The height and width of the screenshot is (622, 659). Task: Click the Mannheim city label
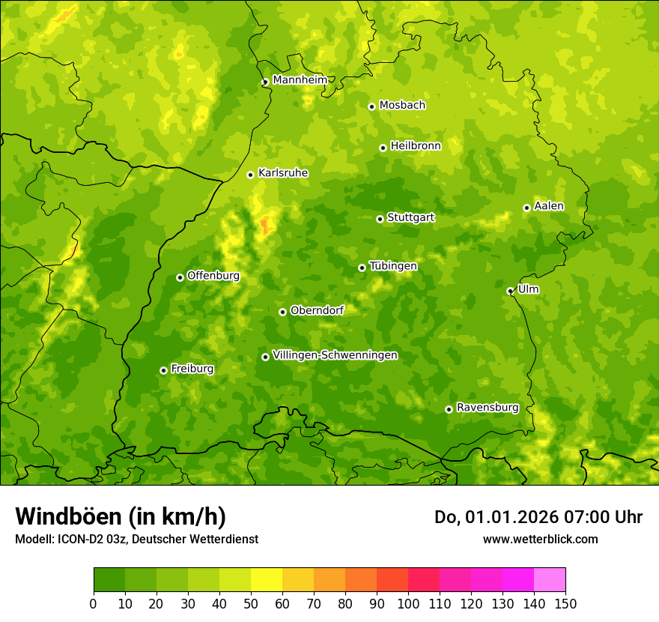(x=300, y=80)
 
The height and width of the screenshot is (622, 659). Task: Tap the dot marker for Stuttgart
(x=380, y=219)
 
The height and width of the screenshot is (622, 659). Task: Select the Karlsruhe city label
(x=283, y=173)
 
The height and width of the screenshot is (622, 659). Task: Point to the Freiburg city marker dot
(x=163, y=370)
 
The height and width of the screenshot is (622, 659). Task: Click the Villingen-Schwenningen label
(x=335, y=355)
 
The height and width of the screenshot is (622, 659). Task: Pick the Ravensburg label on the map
(x=488, y=408)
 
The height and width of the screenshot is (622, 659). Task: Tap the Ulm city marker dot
(x=510, y=291)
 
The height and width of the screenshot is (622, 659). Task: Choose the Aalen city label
(x=549, y=206)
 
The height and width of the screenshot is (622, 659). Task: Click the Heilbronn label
(x=416, y=146)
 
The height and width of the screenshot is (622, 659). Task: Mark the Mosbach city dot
(x=371, y=106)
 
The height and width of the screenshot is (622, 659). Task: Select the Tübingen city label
(x=393, y=266)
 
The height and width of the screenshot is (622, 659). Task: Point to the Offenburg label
(x=213, y=276)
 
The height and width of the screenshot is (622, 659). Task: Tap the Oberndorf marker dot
(x=282, y=312)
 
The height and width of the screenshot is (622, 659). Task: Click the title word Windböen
(x=68, y=516)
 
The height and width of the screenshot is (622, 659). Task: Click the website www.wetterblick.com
(x=540, y=539)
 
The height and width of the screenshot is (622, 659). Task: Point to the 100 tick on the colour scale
(x=408, y=603)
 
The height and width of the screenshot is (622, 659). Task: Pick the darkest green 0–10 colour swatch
(x=109, y=580)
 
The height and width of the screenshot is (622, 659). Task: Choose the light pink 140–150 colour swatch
(x=550, y=580)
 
